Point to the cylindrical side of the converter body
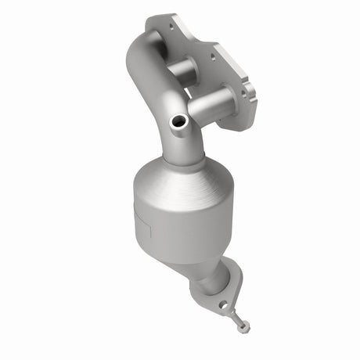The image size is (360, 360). (168, 223)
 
